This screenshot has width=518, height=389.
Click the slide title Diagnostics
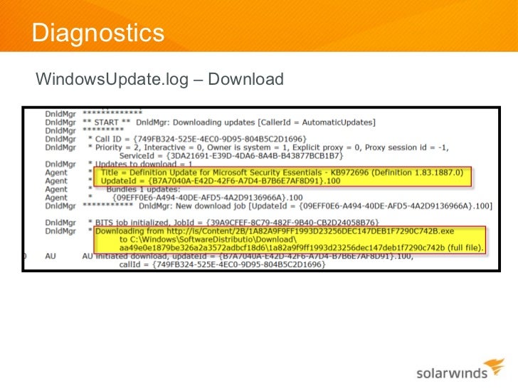coord(98,32)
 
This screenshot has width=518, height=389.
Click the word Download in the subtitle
coord(245,78)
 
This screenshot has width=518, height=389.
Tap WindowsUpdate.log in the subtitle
coord(112,78)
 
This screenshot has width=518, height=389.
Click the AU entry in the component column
coord(50,256)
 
